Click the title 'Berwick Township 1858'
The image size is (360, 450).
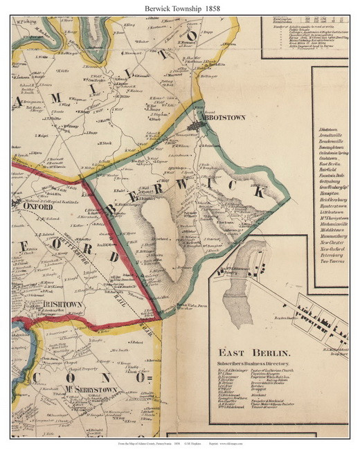tap(179, 6)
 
